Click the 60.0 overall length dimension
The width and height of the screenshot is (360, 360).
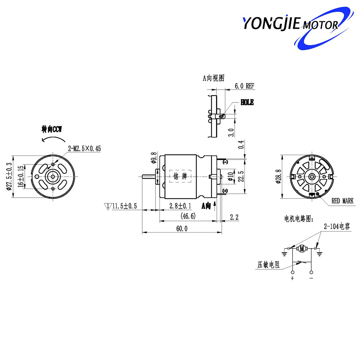(181, 229)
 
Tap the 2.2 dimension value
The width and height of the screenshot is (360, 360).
(234, 217)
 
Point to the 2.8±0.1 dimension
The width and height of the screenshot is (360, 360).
(180, 206)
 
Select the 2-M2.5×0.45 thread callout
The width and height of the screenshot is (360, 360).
(84, 148)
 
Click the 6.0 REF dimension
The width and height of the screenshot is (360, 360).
(244, 86)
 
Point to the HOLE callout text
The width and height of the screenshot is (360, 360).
(247, 103)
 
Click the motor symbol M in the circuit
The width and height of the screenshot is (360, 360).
(302, 248)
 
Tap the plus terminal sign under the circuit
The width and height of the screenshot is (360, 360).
(292, 278)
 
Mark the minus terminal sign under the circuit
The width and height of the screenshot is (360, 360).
(311, 278)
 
